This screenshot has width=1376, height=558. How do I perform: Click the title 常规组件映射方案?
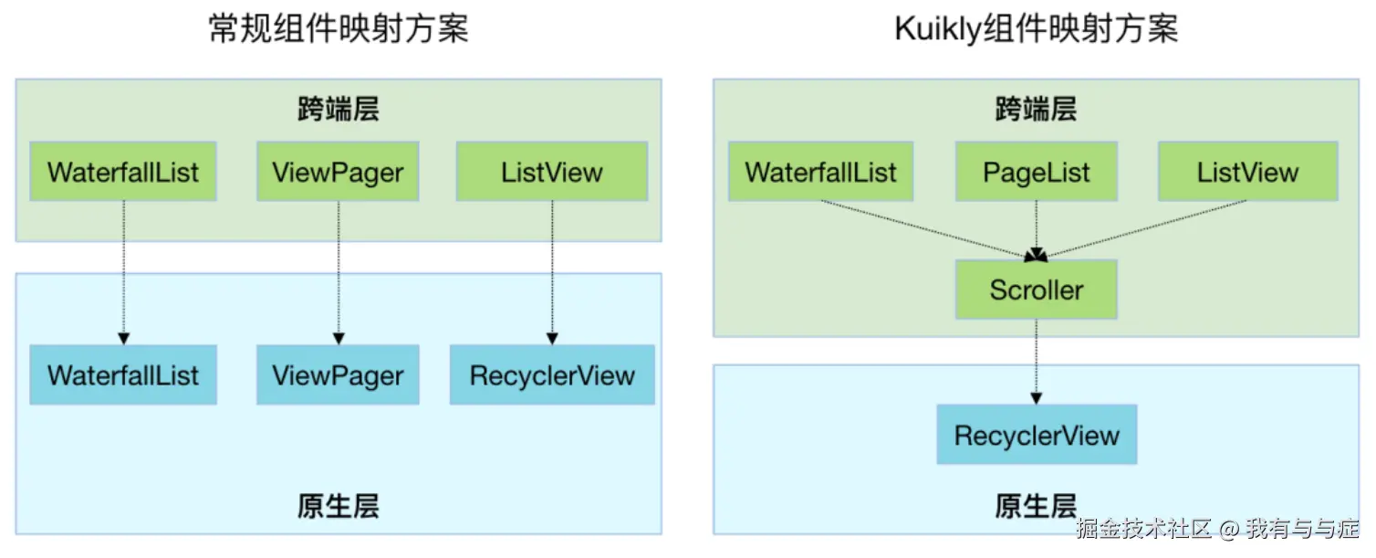(x=339, y=29)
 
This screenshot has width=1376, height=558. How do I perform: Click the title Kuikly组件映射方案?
(x=1036, y=29)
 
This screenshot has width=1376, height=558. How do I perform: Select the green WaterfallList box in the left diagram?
(x=123, y=172)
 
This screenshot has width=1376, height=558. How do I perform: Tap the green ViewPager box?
(x=338, y=172)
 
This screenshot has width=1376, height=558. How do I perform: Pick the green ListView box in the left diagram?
(x=552, y=172)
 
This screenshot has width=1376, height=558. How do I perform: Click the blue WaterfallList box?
(x=123, y=375)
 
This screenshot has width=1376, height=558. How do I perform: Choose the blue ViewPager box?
(x=338, y=375)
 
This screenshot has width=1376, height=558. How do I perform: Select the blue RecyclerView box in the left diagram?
(x=552, y=375)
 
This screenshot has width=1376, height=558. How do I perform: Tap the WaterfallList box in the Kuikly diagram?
(x=820, y=172)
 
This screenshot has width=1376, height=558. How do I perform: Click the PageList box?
(x=1036, y=172)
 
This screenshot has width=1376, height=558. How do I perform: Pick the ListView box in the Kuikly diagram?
(x=1247, y=172)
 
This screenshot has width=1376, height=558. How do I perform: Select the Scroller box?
(x=1036, y=290)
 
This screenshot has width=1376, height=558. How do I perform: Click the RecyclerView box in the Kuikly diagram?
(x=1037, y=435)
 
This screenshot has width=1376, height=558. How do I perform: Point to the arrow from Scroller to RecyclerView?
(x=1036, y=362)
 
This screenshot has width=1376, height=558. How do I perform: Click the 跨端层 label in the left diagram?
(x=339, y=110)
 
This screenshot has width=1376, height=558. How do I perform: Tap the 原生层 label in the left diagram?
(x=339, y=506)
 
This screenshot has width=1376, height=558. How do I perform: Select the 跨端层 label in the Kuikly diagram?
(x=1036, y=110)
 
